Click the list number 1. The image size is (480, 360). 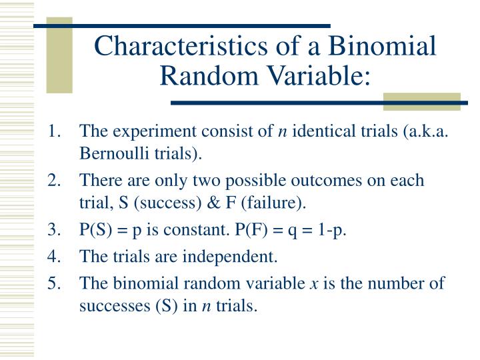[54, 133]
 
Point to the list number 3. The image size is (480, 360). [54, 231]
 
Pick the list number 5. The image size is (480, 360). [54, 283]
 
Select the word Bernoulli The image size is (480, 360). [111, 155]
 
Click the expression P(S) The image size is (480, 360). [95, 231]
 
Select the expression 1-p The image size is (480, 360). [337, 231]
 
